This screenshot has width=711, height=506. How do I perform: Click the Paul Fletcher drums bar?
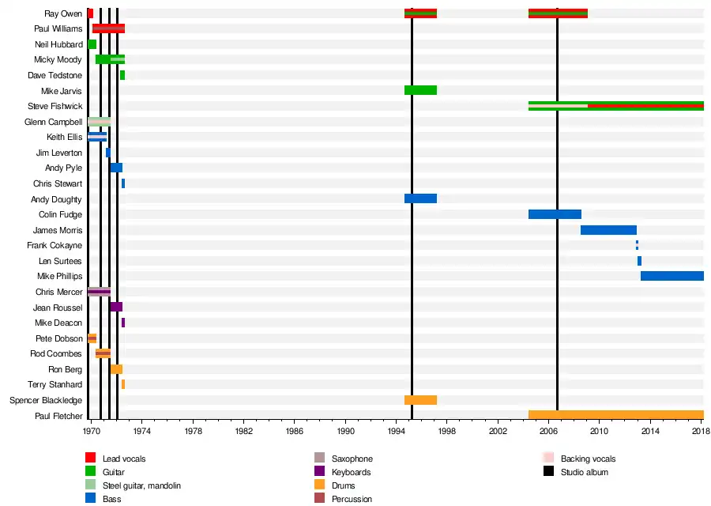coord(615,415)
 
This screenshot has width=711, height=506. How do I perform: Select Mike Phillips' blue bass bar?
coord(671,276)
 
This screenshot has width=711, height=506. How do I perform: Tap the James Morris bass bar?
coord(608,230)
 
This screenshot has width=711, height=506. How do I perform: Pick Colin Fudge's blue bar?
coord(555,214)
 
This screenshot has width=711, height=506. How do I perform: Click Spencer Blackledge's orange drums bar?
coord(420,400)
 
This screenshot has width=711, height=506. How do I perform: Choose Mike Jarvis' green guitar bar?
coord(420,90)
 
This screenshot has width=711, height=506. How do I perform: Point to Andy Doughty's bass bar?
coord(420,198)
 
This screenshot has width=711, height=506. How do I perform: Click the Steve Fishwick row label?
coord(55,106)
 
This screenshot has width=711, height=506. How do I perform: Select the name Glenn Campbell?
coord(53,122)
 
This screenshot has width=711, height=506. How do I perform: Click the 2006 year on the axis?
coord(549,432)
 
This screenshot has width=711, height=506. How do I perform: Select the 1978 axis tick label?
coord(193,432)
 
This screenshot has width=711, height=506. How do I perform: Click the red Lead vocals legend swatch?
coord(91,458)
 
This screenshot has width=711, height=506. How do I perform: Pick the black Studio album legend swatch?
coord(549,472)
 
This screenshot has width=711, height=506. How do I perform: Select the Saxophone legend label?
coord(352,459)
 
